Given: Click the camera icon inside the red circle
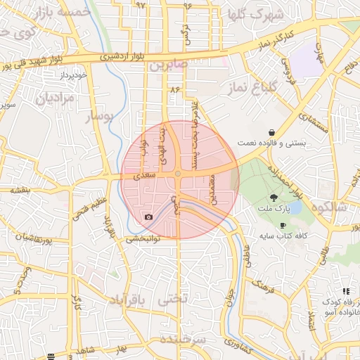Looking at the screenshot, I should pyautogui.click(x=148, y=217).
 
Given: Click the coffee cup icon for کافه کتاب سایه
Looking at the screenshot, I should pyautogui.click(x=283, y=225).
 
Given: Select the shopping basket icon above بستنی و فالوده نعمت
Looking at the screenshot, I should pyautogui.click(x=271, y=132).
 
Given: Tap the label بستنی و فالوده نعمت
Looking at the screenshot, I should pyautogui.click(x=282, y=143).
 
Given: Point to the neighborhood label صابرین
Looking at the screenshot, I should pyautogui.click(x=166, y=66).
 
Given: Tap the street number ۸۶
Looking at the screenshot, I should pyautogui.click(x=175, y=89).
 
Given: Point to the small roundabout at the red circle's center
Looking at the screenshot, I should pyautogui.click(x=179, y=173).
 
